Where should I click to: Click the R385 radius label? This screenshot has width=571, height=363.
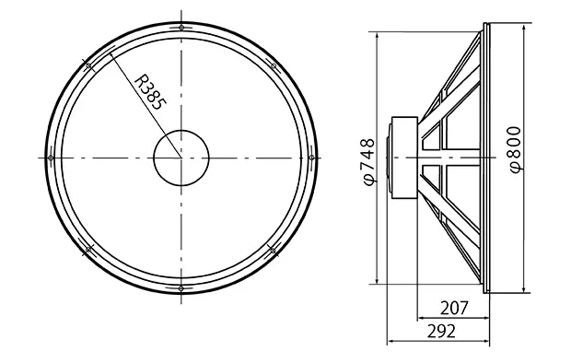[x=150, y=92]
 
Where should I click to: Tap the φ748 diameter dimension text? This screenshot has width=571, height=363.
[x=369, y=161]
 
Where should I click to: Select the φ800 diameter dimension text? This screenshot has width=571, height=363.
[x=516, y=149]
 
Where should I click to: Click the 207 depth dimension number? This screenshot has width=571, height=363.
[x=454, y=309]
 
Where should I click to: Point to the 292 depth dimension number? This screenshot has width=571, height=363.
[x=441, y=332]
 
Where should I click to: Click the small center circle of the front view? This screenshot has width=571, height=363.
[x=181, y=158]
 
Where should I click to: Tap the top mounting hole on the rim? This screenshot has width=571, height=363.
[x=181, y=28]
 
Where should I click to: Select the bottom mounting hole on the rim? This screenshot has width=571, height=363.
[x=181, y=288]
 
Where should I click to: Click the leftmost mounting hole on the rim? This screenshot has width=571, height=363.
[x=51, y=158]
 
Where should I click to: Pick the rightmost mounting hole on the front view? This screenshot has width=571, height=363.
[x=311, y=158]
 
